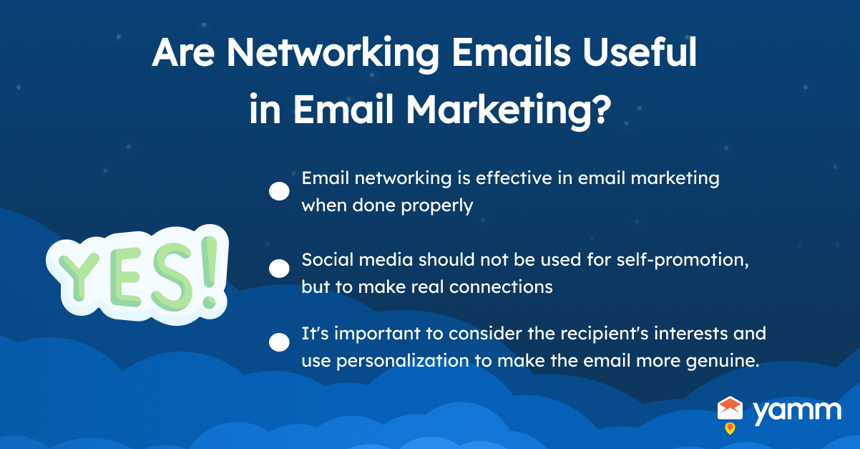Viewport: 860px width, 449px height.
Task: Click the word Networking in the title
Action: [333, 54]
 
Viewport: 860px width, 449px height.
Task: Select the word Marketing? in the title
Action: [508, 110]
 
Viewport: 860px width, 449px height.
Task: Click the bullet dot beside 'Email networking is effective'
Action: [279, 191]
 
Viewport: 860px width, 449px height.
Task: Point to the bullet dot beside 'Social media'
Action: [279, 269]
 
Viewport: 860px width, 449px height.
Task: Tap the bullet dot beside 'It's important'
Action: [279, 342]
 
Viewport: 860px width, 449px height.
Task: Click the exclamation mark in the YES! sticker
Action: [210, 273]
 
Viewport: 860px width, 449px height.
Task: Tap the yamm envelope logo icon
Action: [730, 408]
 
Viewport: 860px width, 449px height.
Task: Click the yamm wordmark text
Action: [798, 412]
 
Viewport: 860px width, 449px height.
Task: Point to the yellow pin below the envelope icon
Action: [730, 428]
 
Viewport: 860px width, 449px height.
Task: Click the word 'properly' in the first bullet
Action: [437, 206]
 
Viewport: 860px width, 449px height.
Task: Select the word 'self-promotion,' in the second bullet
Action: [683, 261]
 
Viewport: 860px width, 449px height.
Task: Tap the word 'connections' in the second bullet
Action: [501, 287]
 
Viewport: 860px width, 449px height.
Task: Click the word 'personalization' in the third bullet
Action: [403, 362]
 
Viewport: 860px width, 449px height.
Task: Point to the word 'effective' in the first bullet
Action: [514, 178]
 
